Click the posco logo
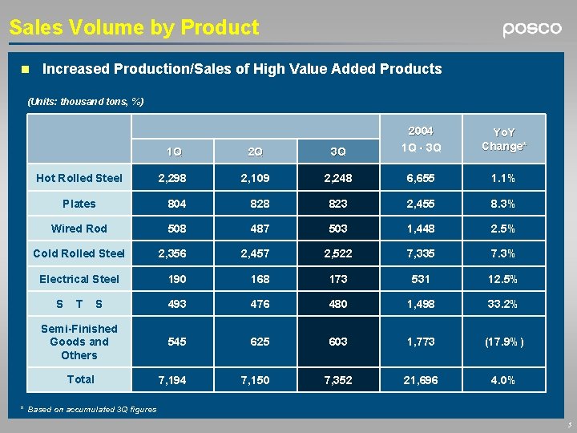pos(532,29)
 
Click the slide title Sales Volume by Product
pos(134,28)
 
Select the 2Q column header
pos(255,152)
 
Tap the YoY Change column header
pos(504,139)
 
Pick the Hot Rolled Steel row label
pos(79,178)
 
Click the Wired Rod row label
pos(79,229)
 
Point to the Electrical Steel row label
pos(79,279)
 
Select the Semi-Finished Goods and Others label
pos(79,342)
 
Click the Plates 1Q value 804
pos(177,204)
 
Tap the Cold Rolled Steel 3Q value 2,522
pos(338,253)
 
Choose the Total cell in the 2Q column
pos(255,379)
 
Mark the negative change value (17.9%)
pos(504,342)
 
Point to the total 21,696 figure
pos(421,379)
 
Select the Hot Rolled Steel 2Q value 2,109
pos(255,178)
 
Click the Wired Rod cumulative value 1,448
pos(421,229)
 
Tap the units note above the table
pos(86,102)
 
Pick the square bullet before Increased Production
pos(25,70)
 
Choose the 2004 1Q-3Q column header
pos(421,139)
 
